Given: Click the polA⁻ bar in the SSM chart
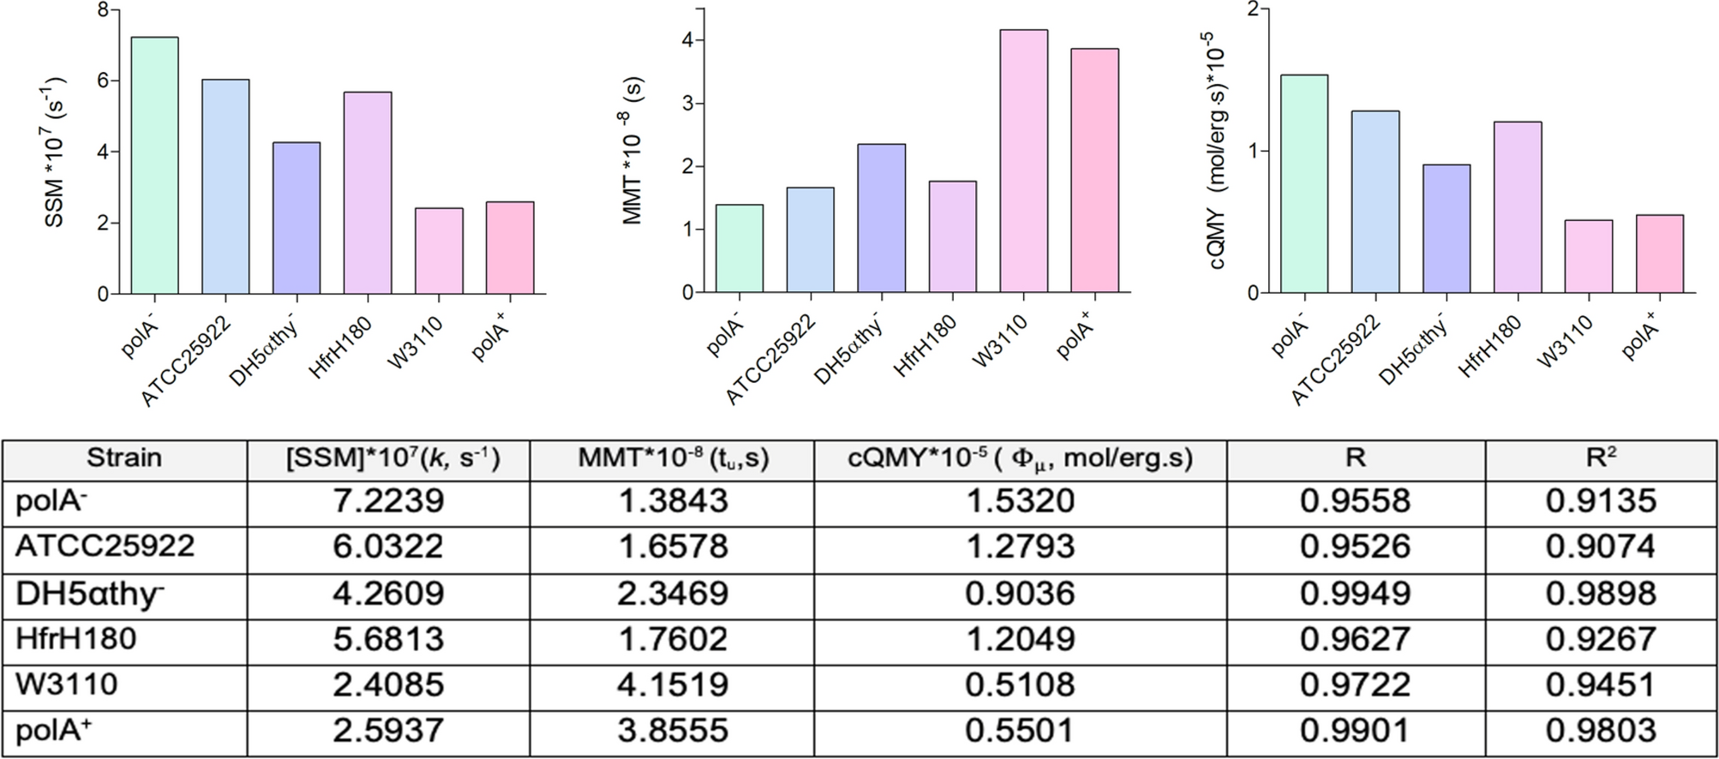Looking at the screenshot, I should tap(155, 166).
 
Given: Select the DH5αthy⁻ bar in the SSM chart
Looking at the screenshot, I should tap(296, 218).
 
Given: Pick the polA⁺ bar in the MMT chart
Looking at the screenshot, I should tap(1095, 170).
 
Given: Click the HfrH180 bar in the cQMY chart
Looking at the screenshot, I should tap(1518, 207).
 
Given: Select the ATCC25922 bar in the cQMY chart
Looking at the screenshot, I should tap(1375, 202).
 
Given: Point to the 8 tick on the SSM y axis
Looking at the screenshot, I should tap(103, 10).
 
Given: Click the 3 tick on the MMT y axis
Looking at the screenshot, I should tap(687, 104).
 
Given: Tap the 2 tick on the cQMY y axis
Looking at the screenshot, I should tap(1253, 9).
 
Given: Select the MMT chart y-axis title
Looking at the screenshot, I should tap(633, 151).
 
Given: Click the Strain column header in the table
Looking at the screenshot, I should tap(123, 458).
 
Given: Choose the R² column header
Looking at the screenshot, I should tap(1600, 458).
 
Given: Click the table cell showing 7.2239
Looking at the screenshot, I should tap(388, 501).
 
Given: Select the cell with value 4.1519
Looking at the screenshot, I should tap(672, 684).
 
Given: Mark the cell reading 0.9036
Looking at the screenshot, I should tap(1020, 594).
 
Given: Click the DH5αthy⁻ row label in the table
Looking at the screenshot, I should tap(90, 594).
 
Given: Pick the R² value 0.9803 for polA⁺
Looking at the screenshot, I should tap(1600, 731).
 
